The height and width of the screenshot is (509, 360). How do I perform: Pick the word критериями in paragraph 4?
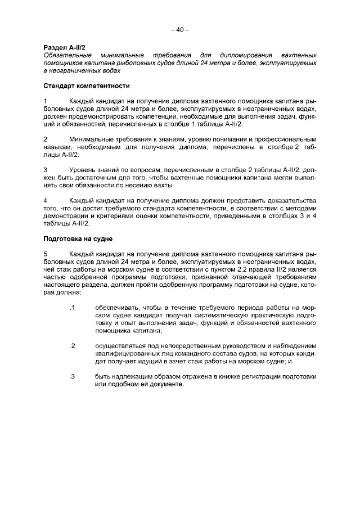pyautogui.click(x=142, y=216)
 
